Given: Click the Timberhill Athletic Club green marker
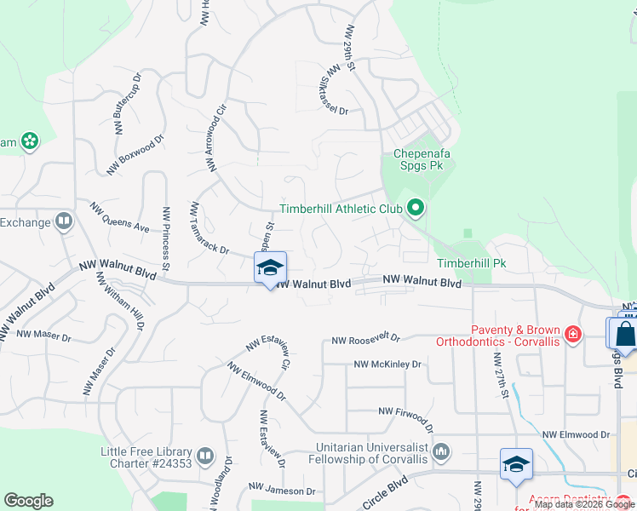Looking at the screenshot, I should [416, 207].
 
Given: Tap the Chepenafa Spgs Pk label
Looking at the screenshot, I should [421, 160].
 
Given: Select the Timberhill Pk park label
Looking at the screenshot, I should [471, 263].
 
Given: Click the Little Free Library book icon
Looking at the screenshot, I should [204, 457].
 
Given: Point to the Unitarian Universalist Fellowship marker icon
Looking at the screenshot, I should [441, 451].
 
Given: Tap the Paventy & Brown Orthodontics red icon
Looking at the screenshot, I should [573, 334].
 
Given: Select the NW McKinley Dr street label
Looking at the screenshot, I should [387, 365].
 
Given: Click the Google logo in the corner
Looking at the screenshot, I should [28, 501].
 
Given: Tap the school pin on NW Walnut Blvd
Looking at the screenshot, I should [270, 267].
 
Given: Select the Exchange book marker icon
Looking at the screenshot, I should [63, 222].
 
